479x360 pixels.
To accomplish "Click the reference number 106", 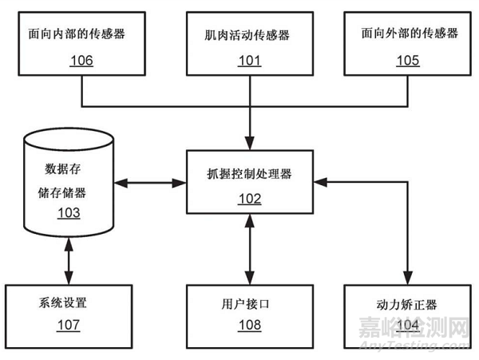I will (81, 61).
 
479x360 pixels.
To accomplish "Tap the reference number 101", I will (252, 61).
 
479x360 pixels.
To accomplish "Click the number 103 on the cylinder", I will (68, 213).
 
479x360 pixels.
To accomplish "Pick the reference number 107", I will (68, 325).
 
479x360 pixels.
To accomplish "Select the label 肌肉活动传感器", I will (252, 35).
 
